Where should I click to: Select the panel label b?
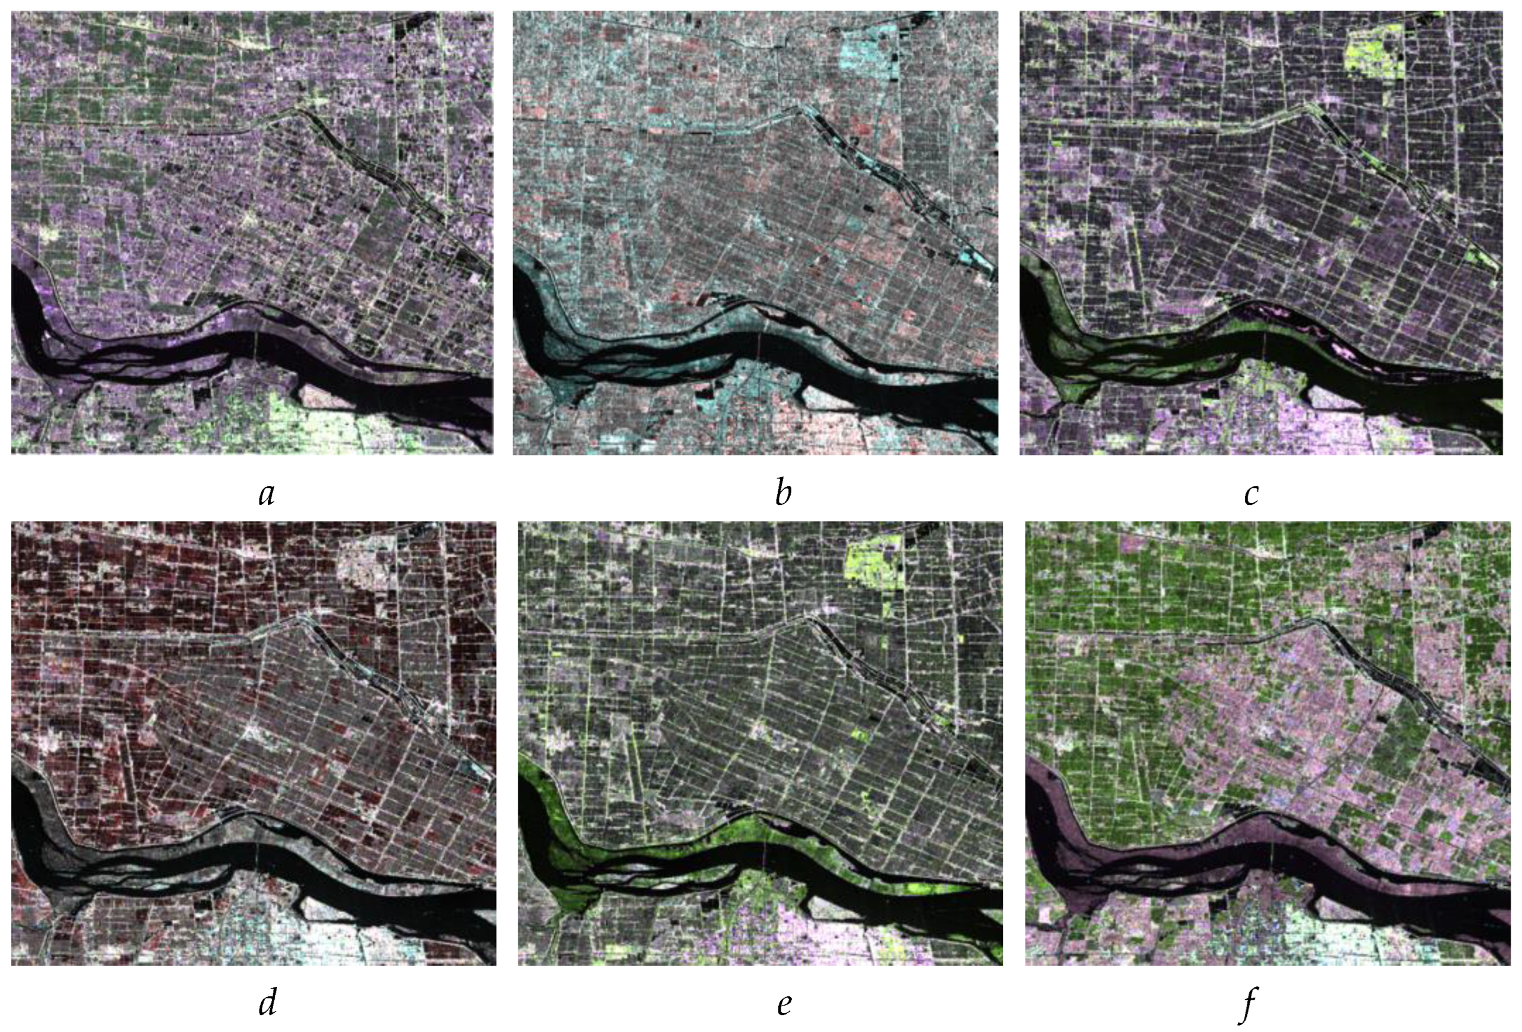point(782,493)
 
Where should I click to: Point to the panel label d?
point(267,1003)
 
